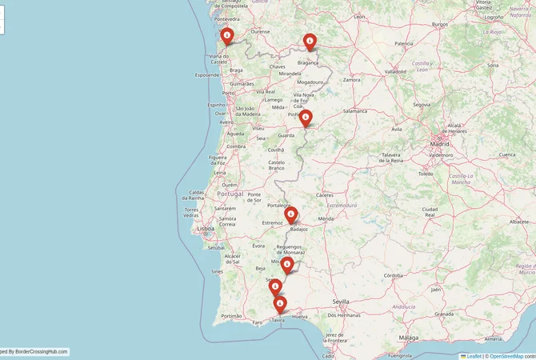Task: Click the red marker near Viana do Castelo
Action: tap(227, 36)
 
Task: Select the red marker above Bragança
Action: tap(310, 42)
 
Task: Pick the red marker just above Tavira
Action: tap(279, 304)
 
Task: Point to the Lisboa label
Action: tap(206, 228)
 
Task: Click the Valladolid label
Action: tap(395, 71)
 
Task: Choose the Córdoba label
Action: tap(393, 275)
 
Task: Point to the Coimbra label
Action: tap(236, 146)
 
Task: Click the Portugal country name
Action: tap(230, 194)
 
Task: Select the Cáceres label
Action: tap(325, 195)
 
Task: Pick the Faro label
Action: tap(258, 322)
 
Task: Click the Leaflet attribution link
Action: tap(474, 356)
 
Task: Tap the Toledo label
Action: tap(425, 174)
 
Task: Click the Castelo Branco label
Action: tap(277, 165)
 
